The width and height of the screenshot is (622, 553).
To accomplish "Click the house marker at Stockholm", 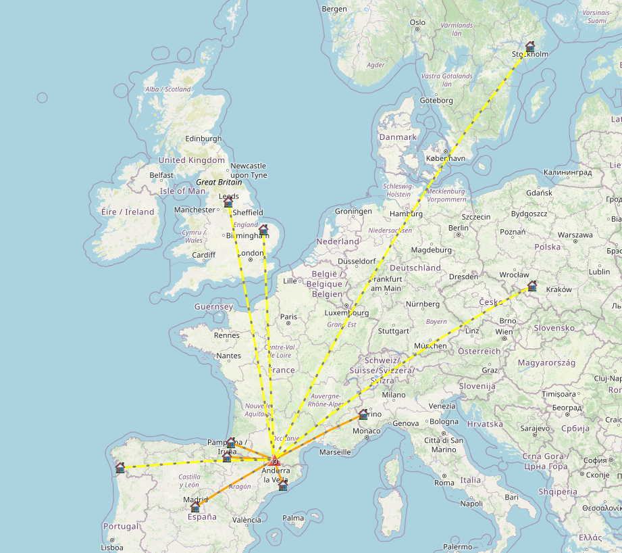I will (x=530, y=47).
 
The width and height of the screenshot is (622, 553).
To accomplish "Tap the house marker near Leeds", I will (x=228, y=202).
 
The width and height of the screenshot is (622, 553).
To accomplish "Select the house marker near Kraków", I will (x=532, y=285).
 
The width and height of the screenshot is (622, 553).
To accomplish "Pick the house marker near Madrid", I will (x=195, y=506).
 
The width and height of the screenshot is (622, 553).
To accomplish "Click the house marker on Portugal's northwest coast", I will (x=120, y=467).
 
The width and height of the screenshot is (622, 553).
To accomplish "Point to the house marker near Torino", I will (x=363, y=414).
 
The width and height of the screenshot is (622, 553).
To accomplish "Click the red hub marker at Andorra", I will (x=276, y=462).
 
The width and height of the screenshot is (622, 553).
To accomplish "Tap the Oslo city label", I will (x=417, y=22).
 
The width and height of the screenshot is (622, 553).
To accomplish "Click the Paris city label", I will (x=288, y=316).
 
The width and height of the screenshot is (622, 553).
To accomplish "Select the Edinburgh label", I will (x=204, y=139).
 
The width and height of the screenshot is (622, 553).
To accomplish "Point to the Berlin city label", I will (x=458, y=228).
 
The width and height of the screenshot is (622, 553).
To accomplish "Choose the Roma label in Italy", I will (x=444, y=483).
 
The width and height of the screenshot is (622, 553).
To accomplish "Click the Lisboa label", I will (x=111, y=548).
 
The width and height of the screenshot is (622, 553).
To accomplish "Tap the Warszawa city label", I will (x=556, y=235).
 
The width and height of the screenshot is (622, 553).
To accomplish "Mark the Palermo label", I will (x=459, y=546).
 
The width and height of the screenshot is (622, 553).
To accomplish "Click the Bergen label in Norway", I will (x=334, y=9).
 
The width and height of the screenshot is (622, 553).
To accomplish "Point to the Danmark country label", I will (x=398, y=137).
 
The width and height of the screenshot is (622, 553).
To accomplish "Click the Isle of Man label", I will (x=182, y=191).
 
